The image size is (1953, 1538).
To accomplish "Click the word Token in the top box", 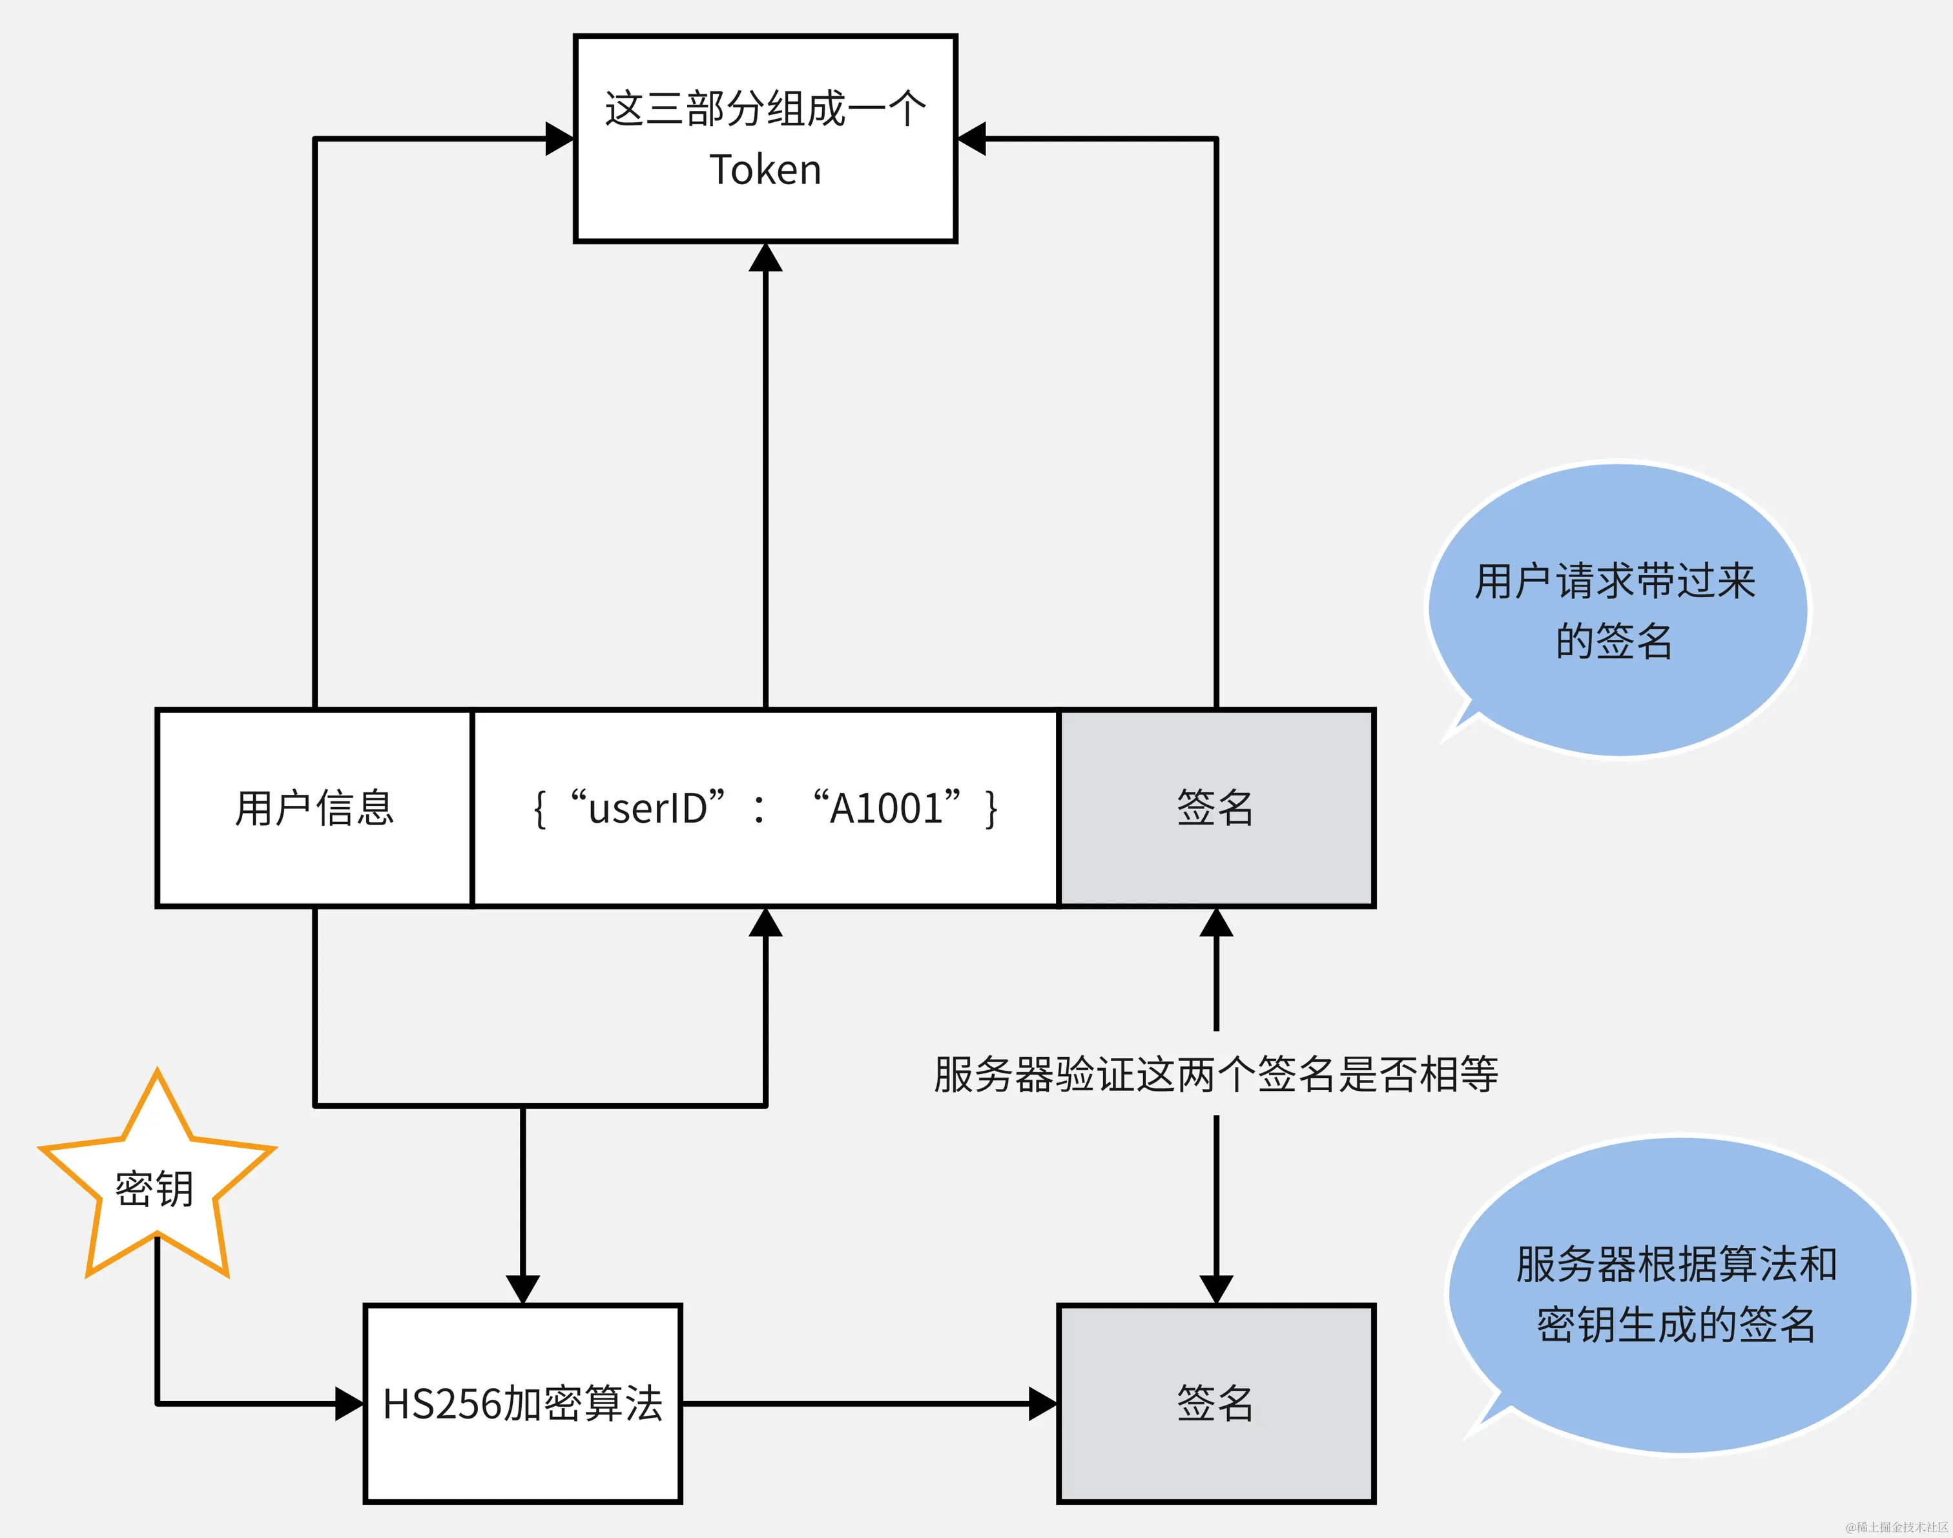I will click(765, 170).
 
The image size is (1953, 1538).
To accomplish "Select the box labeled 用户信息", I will click(314, 808).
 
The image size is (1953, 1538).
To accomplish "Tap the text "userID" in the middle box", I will click(648, 808).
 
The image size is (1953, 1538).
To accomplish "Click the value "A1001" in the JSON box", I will click(887, 808).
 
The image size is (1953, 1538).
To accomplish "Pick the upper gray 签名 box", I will click(1216, 808).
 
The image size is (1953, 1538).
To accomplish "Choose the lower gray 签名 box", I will click(1216, 1403).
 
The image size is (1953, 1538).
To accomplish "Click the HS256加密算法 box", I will click(522, 1403).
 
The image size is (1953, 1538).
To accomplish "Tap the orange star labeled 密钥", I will click(156, 1187).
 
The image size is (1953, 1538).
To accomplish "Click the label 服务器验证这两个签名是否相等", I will click(1216, 1073).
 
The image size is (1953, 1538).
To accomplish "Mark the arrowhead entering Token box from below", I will click(765, 258).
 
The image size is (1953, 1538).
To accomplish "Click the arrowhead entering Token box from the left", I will click(560, 139).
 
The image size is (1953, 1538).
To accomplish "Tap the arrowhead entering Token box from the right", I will click(972, 139).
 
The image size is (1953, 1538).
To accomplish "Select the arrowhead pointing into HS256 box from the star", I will click(349, 1403).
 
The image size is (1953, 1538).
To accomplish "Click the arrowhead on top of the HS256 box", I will click(522, 1289).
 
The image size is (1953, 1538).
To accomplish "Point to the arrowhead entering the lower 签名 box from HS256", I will click(1043, 1403).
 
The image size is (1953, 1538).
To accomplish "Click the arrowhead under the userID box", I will click(765, 923).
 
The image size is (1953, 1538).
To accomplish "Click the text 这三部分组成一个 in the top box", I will click(765, 109).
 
